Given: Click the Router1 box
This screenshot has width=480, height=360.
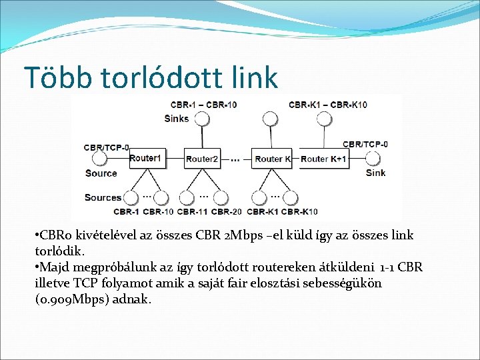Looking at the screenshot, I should point(145,158).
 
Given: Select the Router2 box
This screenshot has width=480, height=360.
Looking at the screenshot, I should point(201,159).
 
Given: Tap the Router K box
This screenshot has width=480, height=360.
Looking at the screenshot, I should point(271,159).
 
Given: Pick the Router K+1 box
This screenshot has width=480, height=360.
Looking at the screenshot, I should point(323,159).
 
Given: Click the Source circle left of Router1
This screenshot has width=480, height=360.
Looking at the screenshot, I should point(99,159).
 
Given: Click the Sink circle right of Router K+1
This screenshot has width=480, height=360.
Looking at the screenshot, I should point(373,159).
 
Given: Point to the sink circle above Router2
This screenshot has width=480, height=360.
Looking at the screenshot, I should point(201,119).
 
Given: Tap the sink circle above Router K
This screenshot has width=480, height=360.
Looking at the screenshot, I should point(270,119).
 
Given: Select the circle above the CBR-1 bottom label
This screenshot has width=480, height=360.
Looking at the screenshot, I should point(131,198).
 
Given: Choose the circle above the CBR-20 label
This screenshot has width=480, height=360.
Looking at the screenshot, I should point(221,198).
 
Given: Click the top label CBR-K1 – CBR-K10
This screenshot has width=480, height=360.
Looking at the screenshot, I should point(328,105).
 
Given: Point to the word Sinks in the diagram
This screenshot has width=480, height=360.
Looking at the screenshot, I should point(177,119).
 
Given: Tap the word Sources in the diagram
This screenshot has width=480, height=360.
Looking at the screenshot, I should point(103,197).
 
